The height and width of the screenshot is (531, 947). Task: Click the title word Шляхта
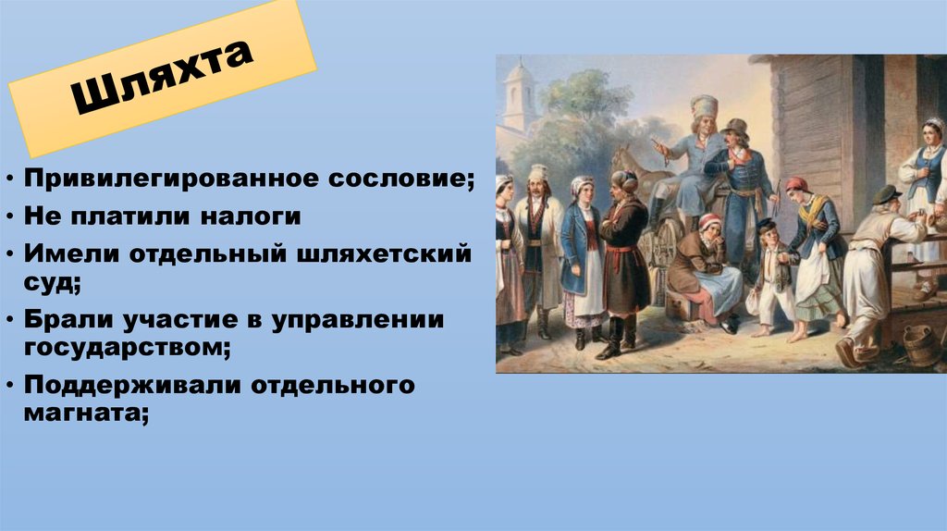[x=161, y=77]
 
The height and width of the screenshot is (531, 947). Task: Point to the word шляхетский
[x=383, y=253]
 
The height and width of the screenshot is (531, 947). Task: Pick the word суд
[x=52, y=283]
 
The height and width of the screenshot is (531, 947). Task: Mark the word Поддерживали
[x=133, y=386]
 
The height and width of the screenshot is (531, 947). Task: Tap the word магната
[x=86, y=414]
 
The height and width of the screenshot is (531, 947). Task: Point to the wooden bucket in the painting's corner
[x=922, y=344]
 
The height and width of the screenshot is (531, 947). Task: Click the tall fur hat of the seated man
[x=705, y=107]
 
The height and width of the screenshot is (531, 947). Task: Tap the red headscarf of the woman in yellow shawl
[x=797, y=183]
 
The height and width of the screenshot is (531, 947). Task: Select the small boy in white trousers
[x=773, y=276]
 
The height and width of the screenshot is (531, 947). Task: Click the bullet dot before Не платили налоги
[x=10, y=216]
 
